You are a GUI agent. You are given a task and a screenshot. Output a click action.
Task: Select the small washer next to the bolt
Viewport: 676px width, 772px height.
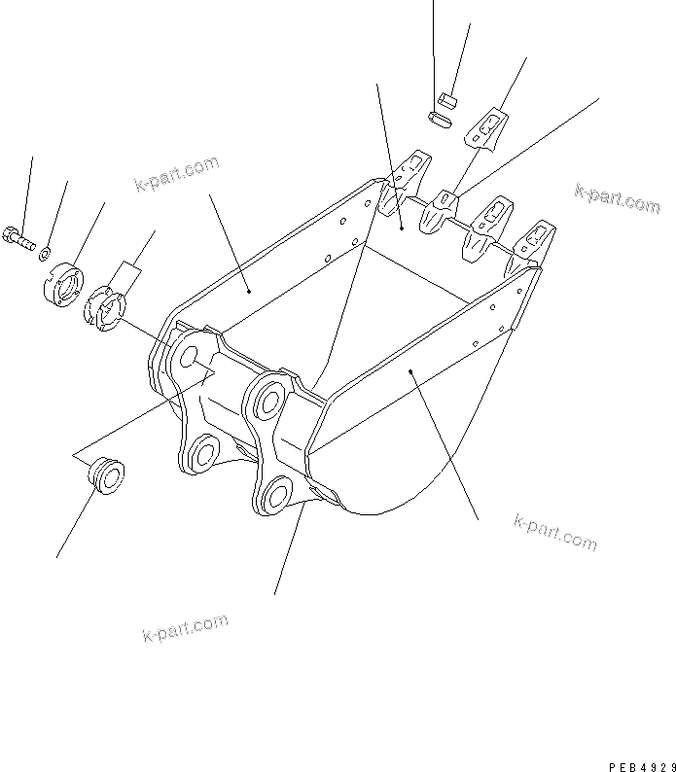coord(44,255)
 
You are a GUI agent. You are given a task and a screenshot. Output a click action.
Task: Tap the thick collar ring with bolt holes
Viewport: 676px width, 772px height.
coord(65,282)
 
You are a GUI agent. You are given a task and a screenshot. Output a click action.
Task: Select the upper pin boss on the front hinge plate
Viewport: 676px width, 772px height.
coord(266,400)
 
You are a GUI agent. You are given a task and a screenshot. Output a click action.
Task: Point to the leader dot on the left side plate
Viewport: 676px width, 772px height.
coord(249,289)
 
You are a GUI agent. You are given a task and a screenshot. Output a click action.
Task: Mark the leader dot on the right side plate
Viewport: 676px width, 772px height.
coord(412,370)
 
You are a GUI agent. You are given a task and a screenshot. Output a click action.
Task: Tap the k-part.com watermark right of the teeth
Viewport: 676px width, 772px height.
coord(617,197)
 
